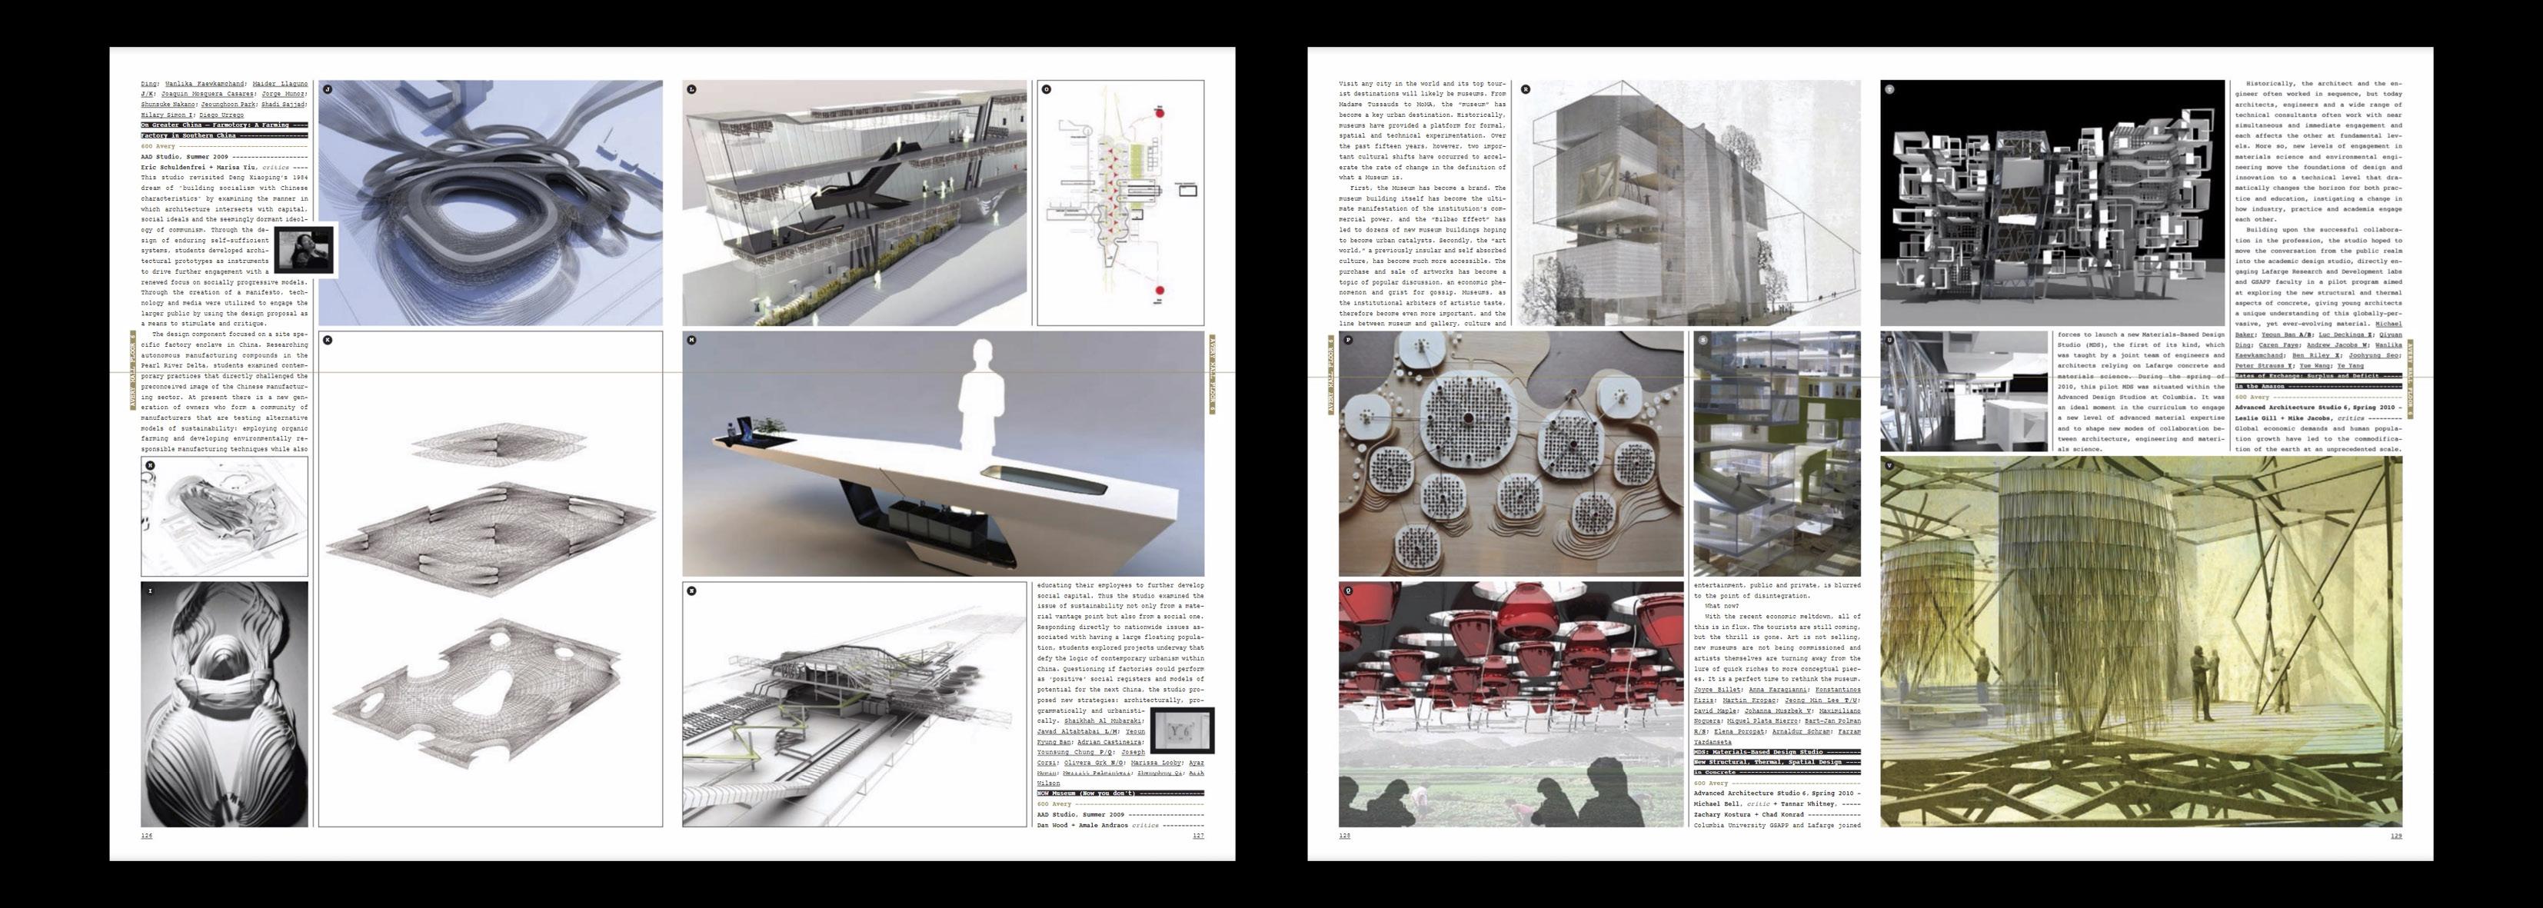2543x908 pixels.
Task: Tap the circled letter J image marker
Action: click(328, 90)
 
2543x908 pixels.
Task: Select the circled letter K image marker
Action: click(328, 341)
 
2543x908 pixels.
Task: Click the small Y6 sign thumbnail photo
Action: click(1183, 731)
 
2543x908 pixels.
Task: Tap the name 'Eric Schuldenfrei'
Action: click(173, 168)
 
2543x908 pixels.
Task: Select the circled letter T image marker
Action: click(1889, 90)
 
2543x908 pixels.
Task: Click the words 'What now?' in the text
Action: click(1713, 606)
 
